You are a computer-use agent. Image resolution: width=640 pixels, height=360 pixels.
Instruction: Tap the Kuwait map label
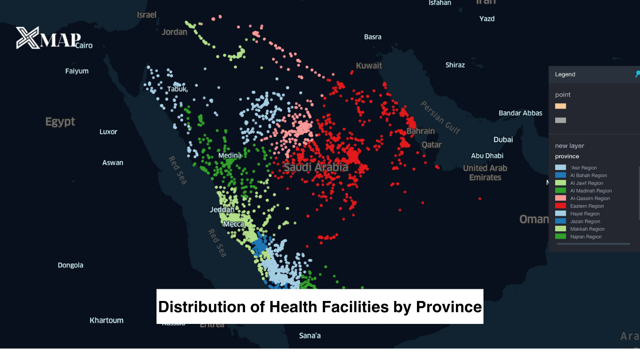click(x=369, y=66)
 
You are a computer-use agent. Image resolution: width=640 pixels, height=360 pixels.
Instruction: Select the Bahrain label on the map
click(x=420, y=131)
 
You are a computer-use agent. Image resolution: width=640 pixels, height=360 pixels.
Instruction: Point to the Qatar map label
click(x=432, y=145)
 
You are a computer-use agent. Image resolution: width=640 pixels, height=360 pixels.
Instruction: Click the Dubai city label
click(x=503, y=140)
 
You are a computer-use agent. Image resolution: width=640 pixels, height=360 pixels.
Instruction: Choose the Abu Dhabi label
click(x=487, y=156)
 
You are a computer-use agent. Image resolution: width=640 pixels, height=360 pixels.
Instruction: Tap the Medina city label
click(x=230, y=156)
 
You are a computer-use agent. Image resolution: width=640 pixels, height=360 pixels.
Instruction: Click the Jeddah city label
click(x=222, y=210)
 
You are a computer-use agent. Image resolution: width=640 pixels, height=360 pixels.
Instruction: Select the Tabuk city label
click(x=177, y=89)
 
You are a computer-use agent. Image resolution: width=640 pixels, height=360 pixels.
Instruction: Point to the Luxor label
click(x=108, y=132)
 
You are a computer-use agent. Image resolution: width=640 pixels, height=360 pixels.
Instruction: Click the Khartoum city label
click(x=106, y=321)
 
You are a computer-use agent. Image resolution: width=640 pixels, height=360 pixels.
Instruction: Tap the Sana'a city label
click(x=310, y=336)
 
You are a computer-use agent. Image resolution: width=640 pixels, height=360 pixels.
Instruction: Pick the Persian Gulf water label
click(x=440, y=117)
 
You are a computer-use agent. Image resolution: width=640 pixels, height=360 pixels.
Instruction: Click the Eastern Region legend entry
click(x=587, y=206)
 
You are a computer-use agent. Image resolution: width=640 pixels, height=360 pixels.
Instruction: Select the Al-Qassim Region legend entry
click(x=590, y=198)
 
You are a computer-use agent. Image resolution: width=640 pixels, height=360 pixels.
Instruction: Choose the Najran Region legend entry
click(x=586, y=237)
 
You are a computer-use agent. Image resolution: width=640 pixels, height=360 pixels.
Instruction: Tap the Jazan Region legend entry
click(x=585, y=221)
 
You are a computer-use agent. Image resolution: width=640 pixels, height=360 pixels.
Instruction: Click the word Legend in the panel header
click(x=565, y=74)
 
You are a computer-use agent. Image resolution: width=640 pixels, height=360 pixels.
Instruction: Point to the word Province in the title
click(x=448, y=307)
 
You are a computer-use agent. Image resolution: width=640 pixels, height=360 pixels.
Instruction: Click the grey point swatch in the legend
click(x=560, y=120)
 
